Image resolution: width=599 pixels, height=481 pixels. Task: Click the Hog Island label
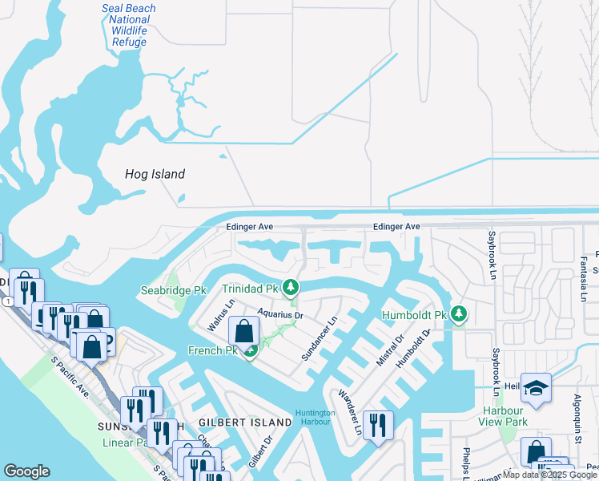pos(155,174)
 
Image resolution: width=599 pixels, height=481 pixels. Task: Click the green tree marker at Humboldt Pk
pos(458,313)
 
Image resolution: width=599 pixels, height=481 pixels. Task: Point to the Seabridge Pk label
pos(174,290)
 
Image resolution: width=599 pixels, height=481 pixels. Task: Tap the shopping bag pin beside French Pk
pos(243,331)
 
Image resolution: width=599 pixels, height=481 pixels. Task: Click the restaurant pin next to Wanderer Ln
pos(376,422)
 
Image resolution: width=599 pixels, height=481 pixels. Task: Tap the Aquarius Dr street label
pos(279,314)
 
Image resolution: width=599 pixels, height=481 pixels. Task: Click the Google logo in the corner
pos(26,471)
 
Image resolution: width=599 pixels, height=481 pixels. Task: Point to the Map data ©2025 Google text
pos(549,475)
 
